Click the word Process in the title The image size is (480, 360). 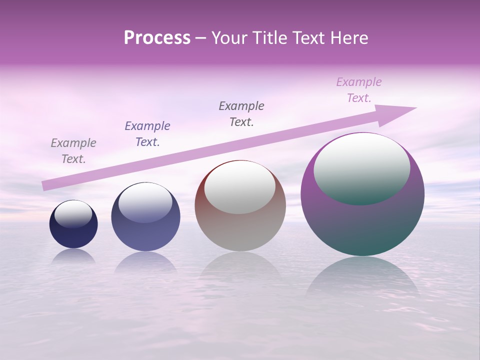tap(157, 37)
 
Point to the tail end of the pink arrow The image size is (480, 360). tap(45, 185)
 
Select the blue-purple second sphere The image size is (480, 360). tap(145, 232)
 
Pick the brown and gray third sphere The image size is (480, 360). tap(240, 230)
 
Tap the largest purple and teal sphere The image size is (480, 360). tap(362, 225)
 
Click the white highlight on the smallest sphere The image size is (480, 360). tap(73, 214)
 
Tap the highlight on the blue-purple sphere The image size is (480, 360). tap(145, 203)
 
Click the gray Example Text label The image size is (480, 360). tap(73, 151)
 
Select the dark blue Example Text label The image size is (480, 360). tap(147, 133)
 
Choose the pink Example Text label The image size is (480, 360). tap(359, 90)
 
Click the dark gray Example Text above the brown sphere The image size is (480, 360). tap(241, 113)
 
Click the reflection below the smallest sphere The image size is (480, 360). tap(73, 256)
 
